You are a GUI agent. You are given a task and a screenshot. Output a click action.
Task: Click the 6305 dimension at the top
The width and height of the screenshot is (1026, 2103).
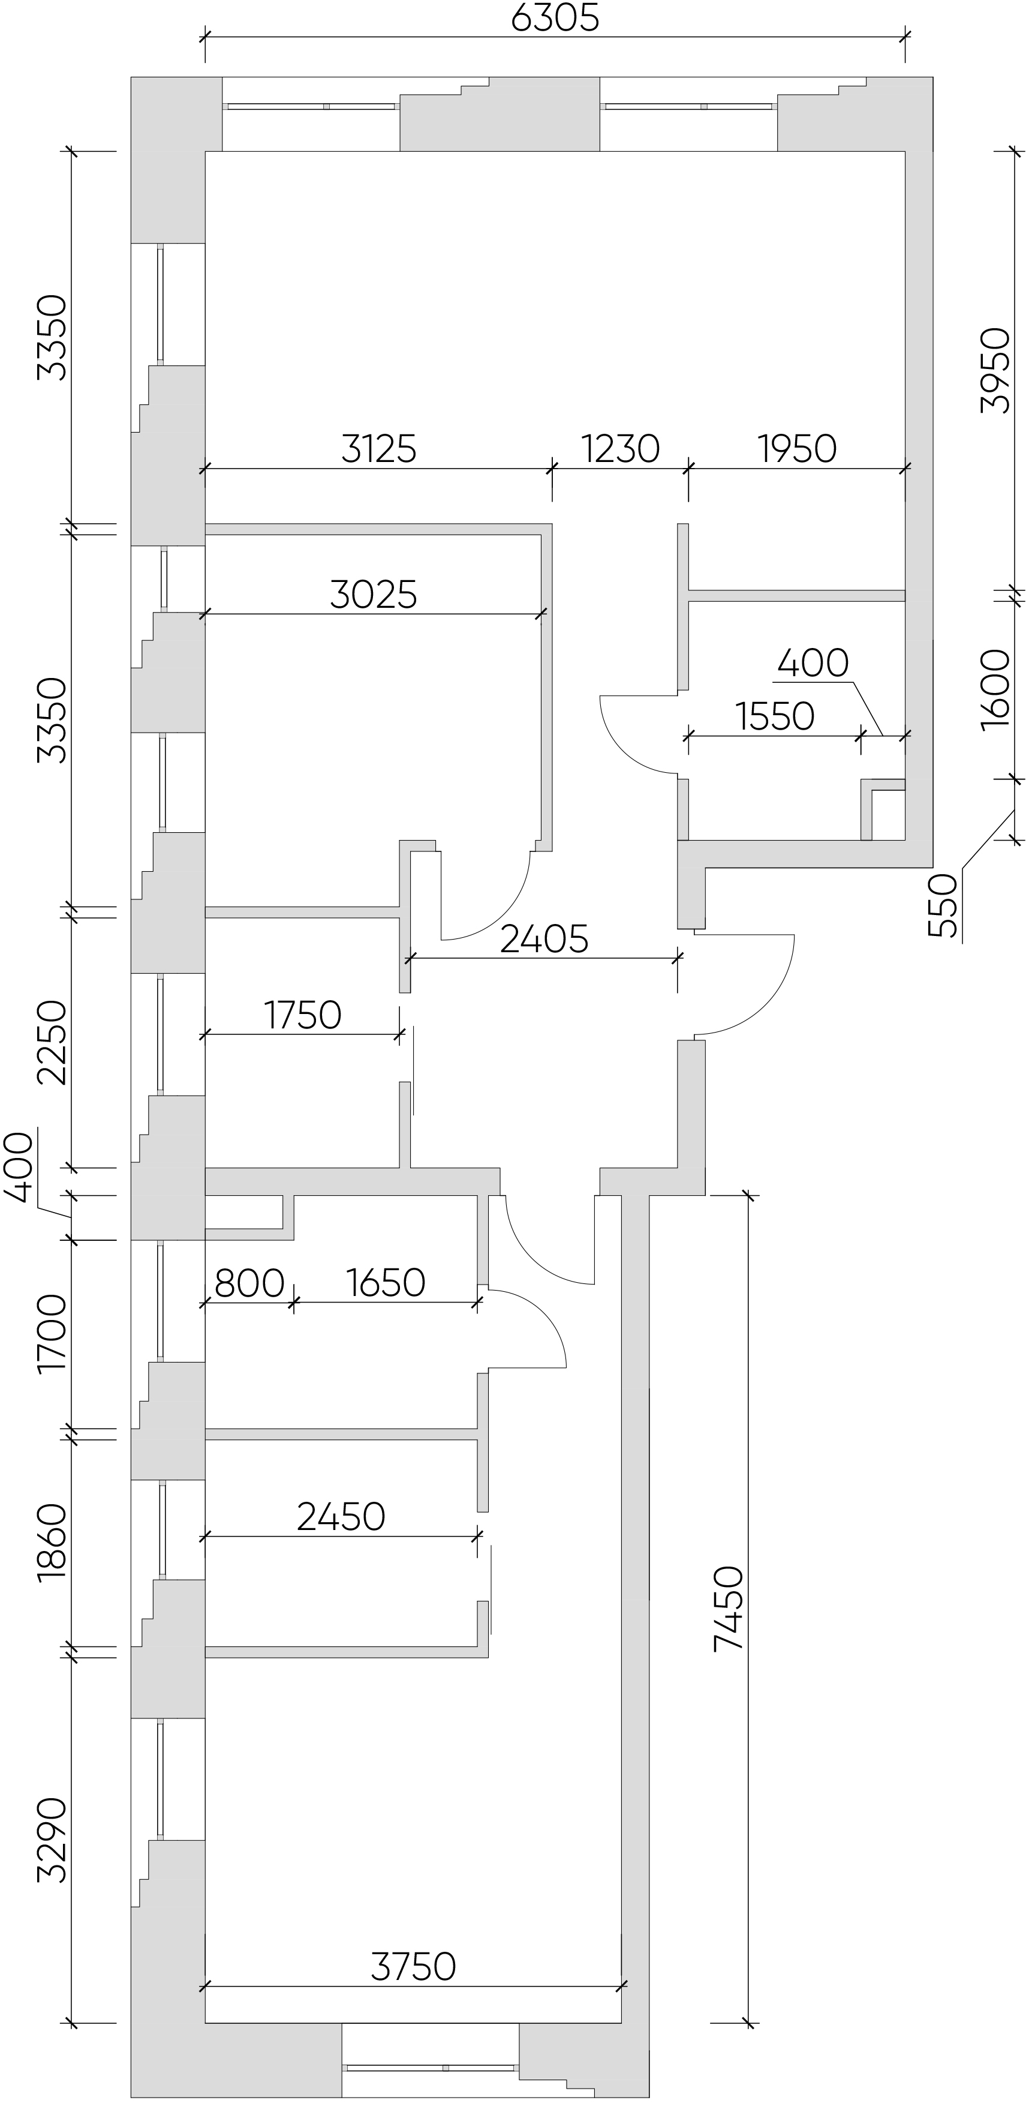click(555, 18)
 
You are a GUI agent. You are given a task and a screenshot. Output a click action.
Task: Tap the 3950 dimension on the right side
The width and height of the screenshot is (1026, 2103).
click(995, 371)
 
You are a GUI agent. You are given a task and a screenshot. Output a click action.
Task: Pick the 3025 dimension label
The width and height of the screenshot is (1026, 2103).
click(374, 595)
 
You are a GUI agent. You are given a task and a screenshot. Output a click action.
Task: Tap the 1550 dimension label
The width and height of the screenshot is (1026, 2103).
click(775, 717)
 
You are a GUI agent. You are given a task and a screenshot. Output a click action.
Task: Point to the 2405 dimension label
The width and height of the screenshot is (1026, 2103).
click(544, 939)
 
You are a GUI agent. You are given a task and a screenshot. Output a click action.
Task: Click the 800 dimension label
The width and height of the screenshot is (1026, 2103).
click(249, 1283)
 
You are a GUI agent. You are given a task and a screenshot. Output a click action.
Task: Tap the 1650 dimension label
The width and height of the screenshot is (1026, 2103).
click(385, 1283)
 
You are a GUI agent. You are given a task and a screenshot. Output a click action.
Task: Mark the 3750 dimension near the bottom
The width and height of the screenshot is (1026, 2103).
click(413, 1967)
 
